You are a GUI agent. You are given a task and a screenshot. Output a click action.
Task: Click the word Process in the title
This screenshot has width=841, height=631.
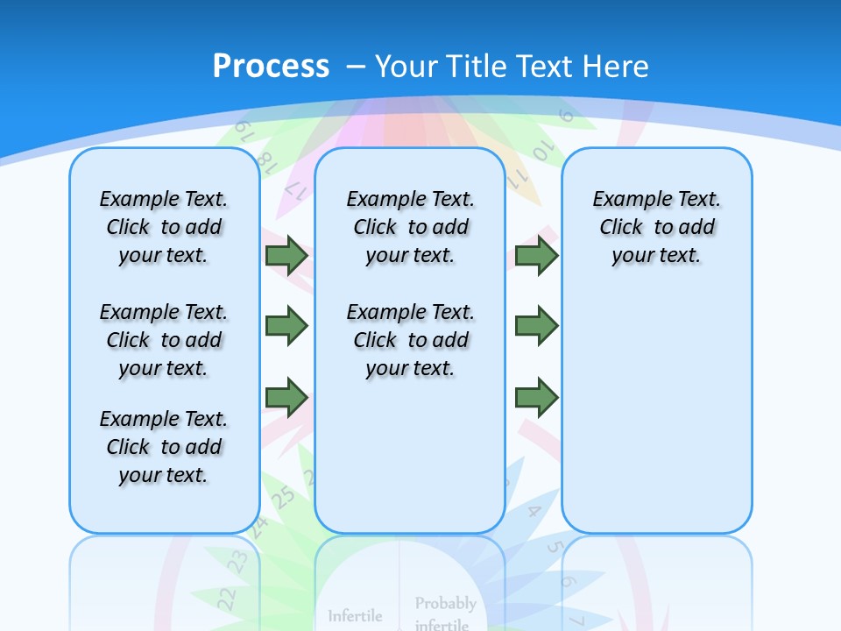pyautogui.click(x=271, y=66)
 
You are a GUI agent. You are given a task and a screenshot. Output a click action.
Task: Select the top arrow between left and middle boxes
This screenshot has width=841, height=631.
pyautogui.click(x=286, y=255)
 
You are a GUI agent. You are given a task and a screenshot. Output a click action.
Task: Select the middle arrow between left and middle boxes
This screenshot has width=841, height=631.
pyautogui.click(x=286, y=326)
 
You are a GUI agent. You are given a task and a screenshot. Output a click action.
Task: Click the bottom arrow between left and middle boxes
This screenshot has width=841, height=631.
pyautogui.click(x=286, y=398)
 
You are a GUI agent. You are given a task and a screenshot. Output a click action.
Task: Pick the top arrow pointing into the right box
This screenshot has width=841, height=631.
pyautogui.click(x=536, y=255)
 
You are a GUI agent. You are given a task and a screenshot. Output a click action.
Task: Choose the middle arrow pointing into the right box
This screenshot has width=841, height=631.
pyautogui.click(x=536, y=326)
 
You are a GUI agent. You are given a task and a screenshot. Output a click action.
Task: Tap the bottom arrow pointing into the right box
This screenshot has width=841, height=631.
pyautogui.click(x=536, y=398)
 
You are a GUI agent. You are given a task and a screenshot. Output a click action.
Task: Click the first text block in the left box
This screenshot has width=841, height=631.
pyautogui.click(x=164, y=227)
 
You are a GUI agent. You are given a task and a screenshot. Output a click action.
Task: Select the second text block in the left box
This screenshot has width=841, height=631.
pyautogui.click(x=164, y=340)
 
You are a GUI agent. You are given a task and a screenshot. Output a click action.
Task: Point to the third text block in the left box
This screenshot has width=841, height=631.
pyautogui.click(x=164, y=447)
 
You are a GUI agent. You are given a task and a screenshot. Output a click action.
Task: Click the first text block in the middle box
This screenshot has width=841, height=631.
pyautogui.click(x=411, y=227)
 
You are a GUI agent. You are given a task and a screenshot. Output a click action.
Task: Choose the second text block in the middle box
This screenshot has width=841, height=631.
pyautogui.click(x=411, y=340)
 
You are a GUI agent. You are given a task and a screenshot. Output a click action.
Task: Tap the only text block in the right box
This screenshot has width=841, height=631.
pyautogui.click(x=657, y=227)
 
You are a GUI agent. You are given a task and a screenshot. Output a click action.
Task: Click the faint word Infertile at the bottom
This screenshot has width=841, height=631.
pyautogui.click(x=355, y=616)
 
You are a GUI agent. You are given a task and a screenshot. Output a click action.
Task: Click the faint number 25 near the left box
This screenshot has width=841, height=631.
pyautogui.click(x=283, y=498)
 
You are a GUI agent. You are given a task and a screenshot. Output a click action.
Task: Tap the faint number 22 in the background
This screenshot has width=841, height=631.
pyautogui.click(x=227, y=599)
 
